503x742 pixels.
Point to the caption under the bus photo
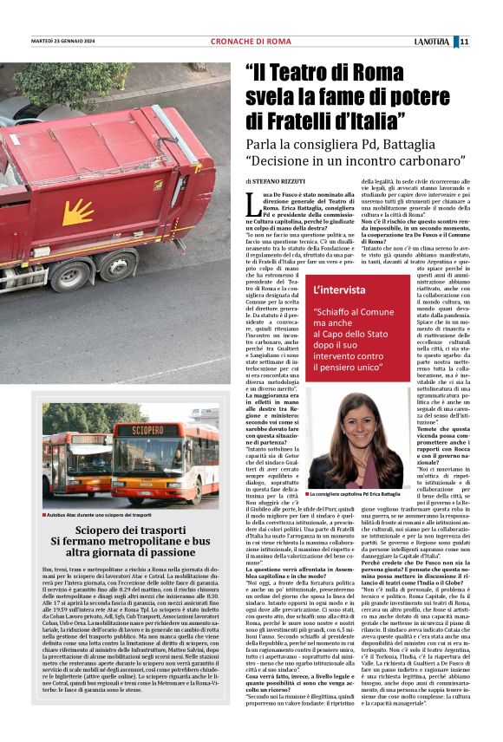click(x=100, y=514)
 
